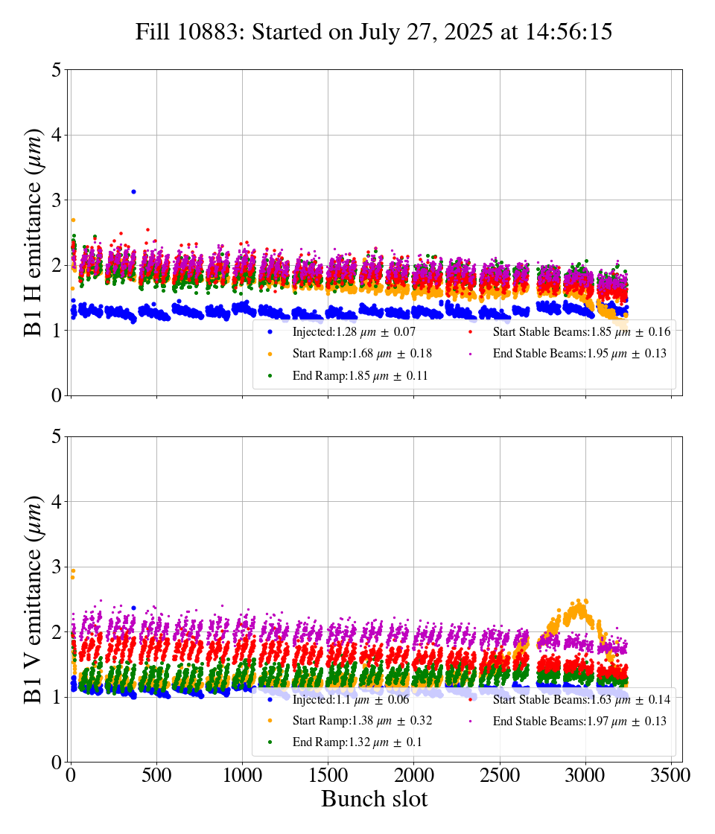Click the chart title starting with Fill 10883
pos(374,32)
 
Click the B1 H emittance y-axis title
pos(34,232)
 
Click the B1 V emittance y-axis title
pos(34,599)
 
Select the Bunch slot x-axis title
pos(374,799)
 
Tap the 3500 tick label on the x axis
pos(671,775)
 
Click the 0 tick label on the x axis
pos(71,775)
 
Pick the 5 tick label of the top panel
pos(57,71)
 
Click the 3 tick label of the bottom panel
pos(57,567)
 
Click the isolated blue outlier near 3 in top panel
pos(133,191)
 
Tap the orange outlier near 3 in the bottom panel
pos(73,571)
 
